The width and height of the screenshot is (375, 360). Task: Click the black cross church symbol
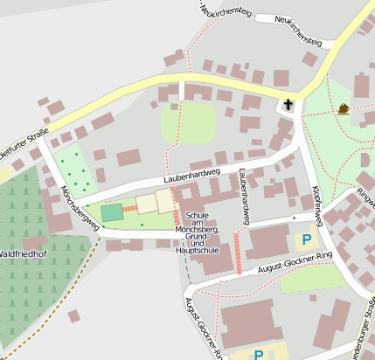tap(288, 106)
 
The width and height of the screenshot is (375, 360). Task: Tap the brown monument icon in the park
tap(344, 109)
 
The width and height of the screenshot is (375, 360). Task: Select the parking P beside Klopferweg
tap(306, 239)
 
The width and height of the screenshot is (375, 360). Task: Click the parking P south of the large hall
tap(258, 355)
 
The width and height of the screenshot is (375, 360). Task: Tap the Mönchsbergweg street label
tap(74, 204)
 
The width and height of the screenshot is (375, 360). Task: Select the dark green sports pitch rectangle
tap(112, 212)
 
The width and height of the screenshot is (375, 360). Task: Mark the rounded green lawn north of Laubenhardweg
tap(188, 122)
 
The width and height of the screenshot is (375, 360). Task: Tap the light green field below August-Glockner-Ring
tap(313, 279)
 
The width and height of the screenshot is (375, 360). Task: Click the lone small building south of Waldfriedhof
tap(74, 315)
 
